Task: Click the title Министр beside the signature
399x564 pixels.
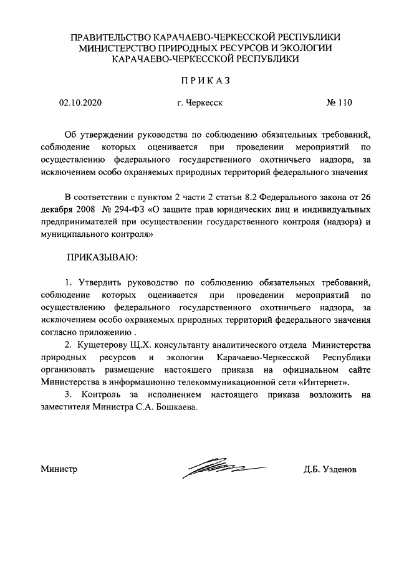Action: click(59, 469)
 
